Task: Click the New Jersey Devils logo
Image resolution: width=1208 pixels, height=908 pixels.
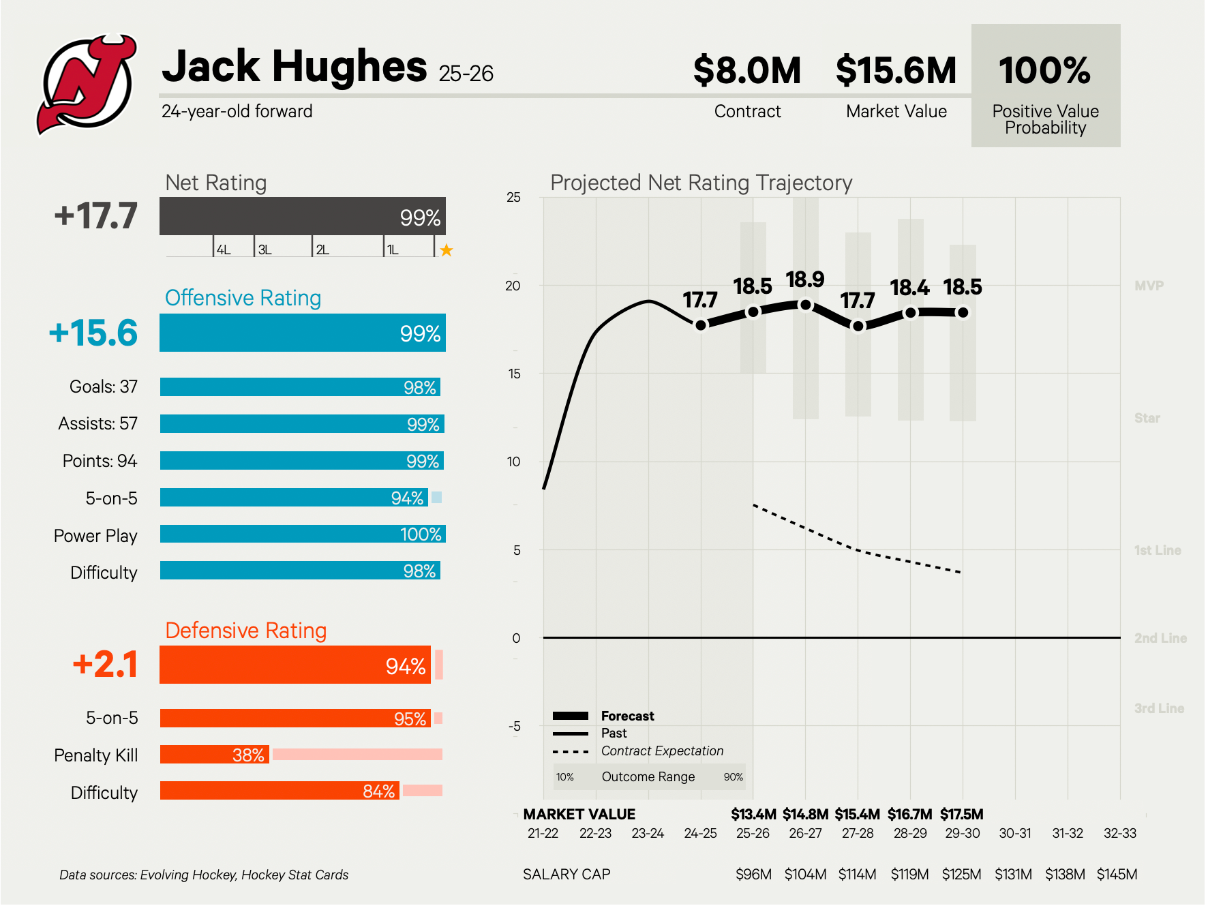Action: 87,84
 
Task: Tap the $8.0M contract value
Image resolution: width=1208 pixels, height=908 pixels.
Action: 746,71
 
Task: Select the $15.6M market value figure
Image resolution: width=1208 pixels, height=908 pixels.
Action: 896,71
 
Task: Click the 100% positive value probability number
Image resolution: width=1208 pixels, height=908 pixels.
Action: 1044,71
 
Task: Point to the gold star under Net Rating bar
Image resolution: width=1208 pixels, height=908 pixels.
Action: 447,250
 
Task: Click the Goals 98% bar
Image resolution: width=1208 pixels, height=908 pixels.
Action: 300,387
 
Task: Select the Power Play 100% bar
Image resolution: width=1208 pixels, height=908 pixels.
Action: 302,534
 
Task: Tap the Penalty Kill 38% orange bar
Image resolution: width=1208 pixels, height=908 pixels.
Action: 215,755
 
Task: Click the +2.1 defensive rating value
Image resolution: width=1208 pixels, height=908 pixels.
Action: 105,665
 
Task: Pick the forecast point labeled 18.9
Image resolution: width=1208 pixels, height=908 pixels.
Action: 806,305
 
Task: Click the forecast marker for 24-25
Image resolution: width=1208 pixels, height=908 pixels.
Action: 701,325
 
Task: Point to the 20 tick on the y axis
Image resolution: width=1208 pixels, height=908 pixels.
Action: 513,286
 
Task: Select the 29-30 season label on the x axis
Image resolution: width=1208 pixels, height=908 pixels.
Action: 962,833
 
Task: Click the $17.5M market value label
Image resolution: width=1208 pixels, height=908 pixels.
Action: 961,815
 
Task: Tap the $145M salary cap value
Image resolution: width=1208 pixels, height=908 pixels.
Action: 1117,875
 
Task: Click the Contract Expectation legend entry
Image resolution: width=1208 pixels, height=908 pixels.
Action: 661,751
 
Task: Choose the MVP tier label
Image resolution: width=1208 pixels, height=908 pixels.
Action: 1149,286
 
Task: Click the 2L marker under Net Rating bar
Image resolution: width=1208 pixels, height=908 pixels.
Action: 322,250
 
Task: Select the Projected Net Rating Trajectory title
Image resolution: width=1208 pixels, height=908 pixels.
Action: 701,183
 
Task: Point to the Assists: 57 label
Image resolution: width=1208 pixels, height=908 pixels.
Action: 97,424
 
